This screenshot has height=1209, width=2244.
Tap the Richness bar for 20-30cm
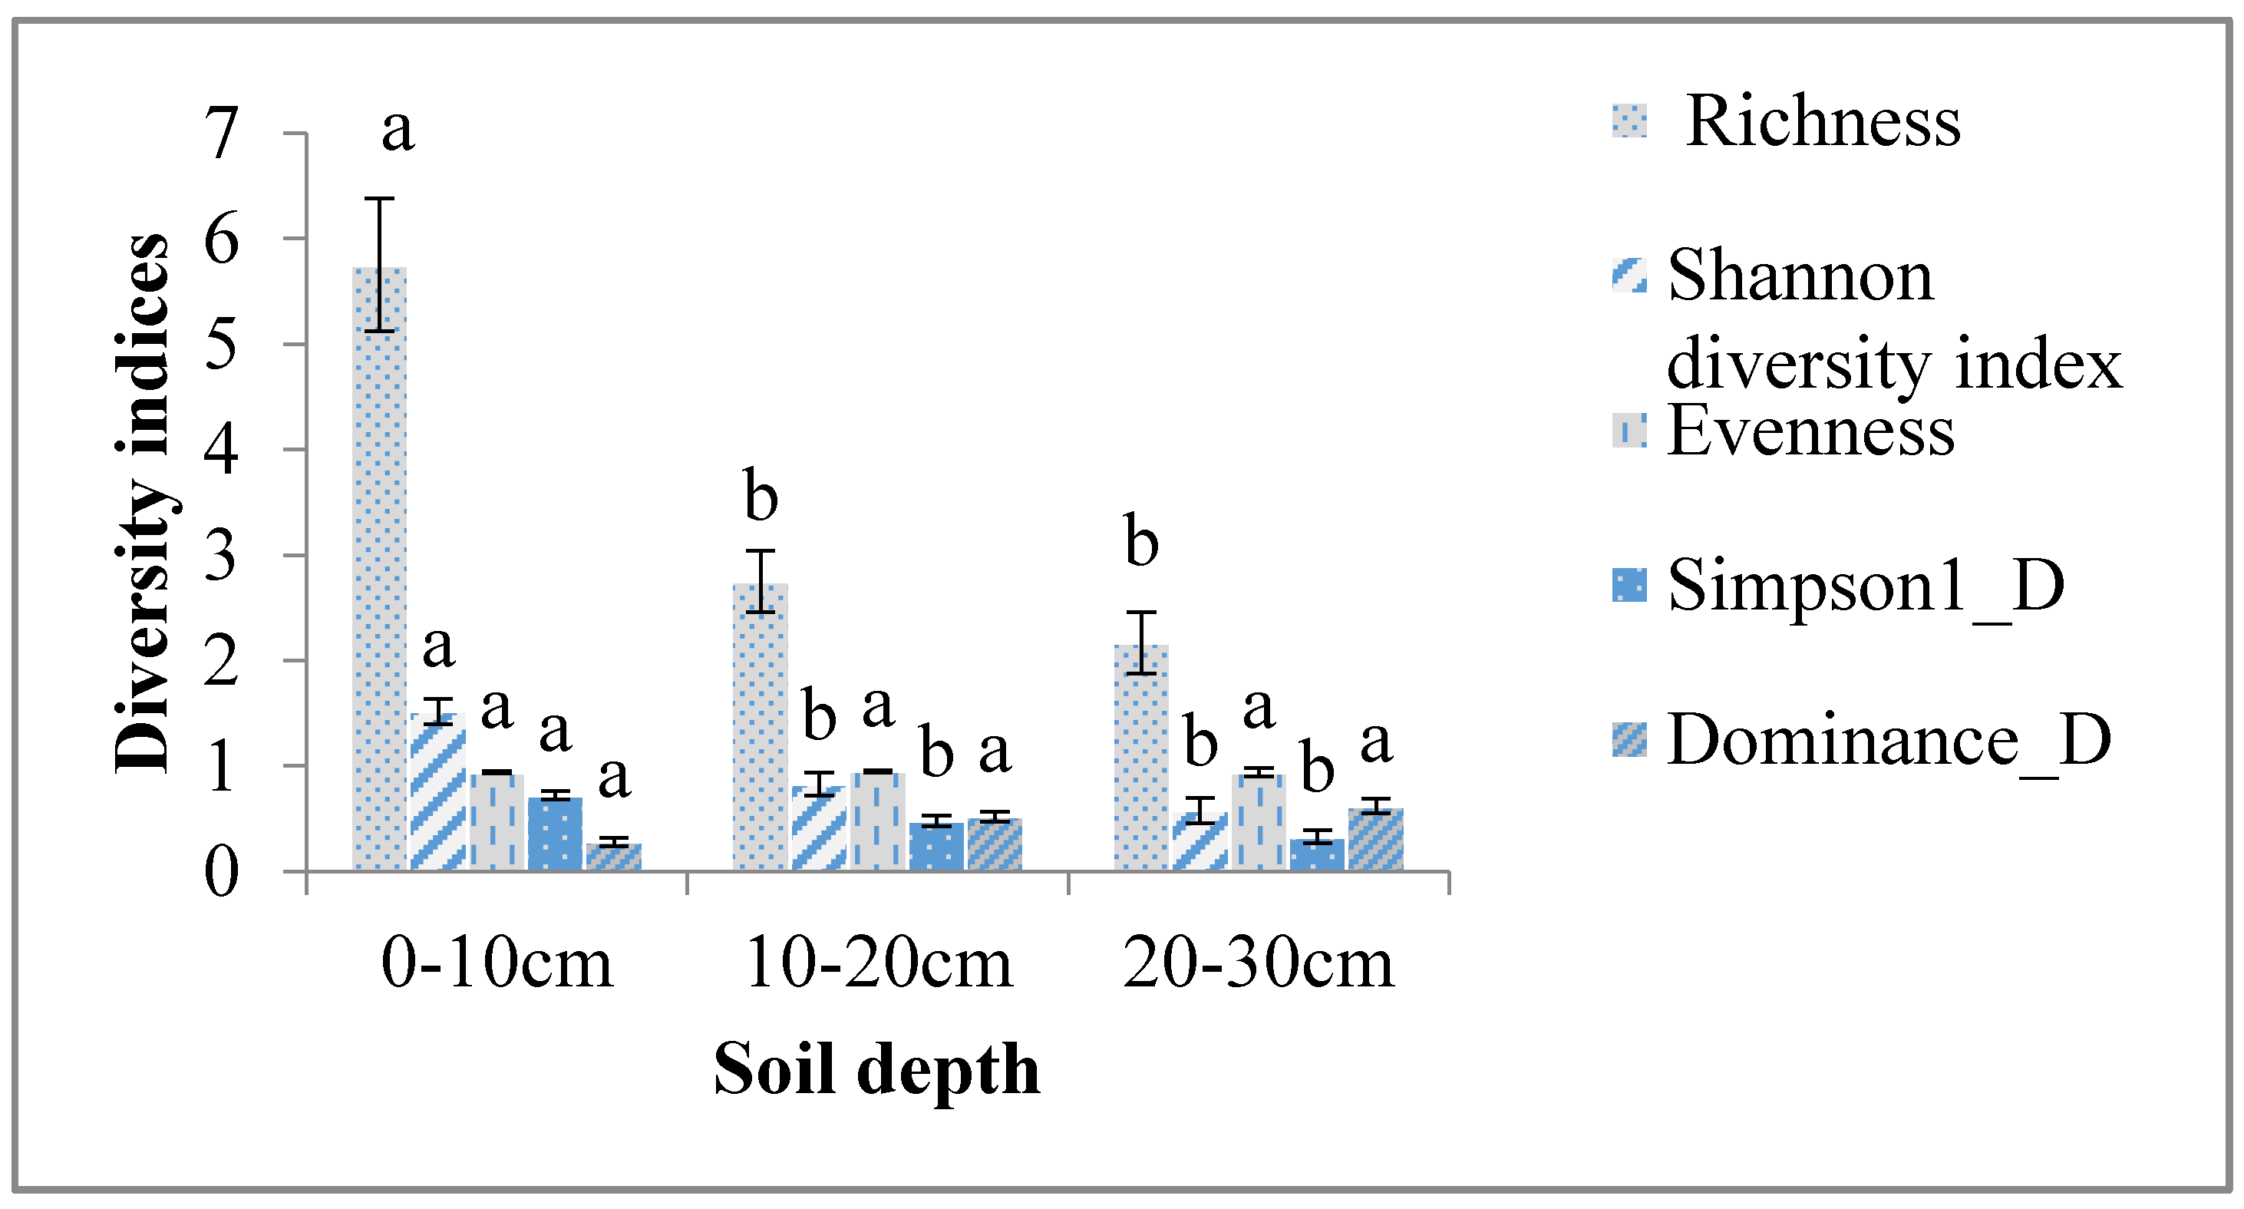point(1141,757)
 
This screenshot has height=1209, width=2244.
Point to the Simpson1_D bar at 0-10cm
point(555,834)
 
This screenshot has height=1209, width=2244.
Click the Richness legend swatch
point(1629,121)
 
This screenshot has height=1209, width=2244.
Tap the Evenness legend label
point(1810,431)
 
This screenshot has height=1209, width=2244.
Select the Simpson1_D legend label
point(1865,586)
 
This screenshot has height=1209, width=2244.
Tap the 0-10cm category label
point(497,964)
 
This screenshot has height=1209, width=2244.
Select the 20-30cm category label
point(1258,964)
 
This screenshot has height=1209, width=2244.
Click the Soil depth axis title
point(876,1069)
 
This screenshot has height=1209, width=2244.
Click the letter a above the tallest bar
point(398,130)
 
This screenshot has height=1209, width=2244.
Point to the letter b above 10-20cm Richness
point(761,496)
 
